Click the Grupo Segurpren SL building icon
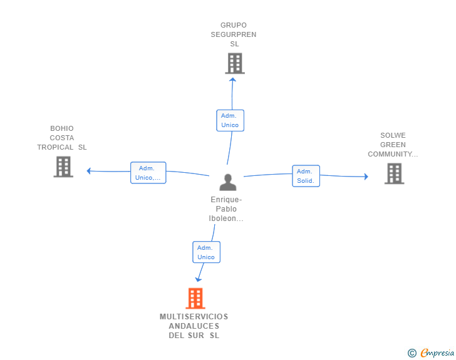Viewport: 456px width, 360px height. pyautogui.click(x=235, y=63)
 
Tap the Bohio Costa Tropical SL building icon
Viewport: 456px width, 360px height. pyautogui.click(x=63, y=167)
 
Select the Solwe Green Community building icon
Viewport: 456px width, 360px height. pyautogui.click(x=394, y=173)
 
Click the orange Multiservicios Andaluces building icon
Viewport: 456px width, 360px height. pyautogui.click(x=195, y=298)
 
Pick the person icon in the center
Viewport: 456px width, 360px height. pyautogui.click(x=227, y=182)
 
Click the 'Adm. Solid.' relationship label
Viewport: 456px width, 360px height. pyautogui.click(x=306, y=176)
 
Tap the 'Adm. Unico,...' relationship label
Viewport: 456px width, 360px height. pyautogui.click(x=148, y=173)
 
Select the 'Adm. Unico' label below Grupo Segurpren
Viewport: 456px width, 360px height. pyautogui.click(x=230, y=120)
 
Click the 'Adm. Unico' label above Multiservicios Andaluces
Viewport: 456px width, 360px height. pyautogui.click(x=206, y=252)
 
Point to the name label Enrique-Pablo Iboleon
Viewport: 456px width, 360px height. pyautogui.click(x=226, y=209)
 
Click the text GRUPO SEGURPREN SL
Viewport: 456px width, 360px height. pyautogui.click(x=234, y=35)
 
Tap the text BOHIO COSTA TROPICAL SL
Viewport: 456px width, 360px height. pyautogui.click(x=62, y=138)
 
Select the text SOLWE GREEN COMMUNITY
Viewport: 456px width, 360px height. pyautogui.click(x=393, y=145)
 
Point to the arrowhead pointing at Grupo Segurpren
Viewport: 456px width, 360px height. pyautogui.click(x=232, y=79)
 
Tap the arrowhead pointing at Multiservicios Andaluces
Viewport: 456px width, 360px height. pyautogui.click(x=199, y=279)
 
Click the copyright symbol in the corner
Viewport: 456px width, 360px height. pyautogui.click(x=412, y=353)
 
